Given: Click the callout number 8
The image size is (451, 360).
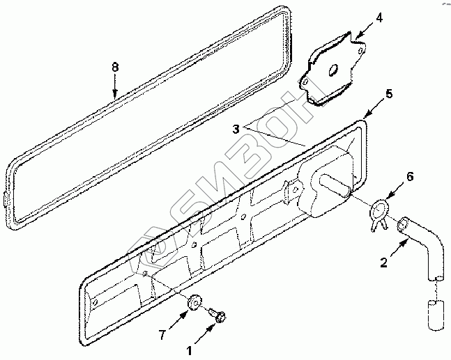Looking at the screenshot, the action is (115, 68).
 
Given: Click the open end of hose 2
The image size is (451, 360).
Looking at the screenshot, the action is (402, 224).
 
